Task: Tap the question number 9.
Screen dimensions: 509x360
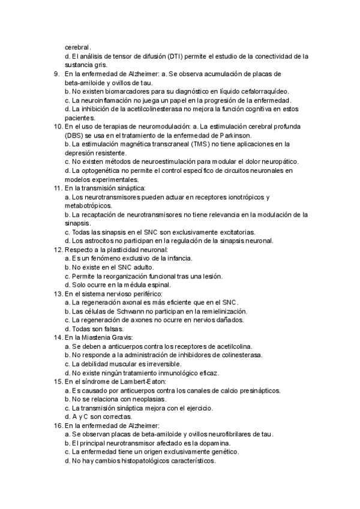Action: [x=56, y=74]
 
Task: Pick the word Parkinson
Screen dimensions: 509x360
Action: [x=233, y=136]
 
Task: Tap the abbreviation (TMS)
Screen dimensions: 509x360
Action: [x=204, y=144]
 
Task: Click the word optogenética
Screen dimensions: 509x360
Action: [x=98, y=170]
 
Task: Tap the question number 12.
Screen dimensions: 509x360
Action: [x=58, y=249]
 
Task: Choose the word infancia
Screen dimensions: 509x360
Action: [x=176, y=258]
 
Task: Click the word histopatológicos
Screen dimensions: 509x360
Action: [x=148, y=460]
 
